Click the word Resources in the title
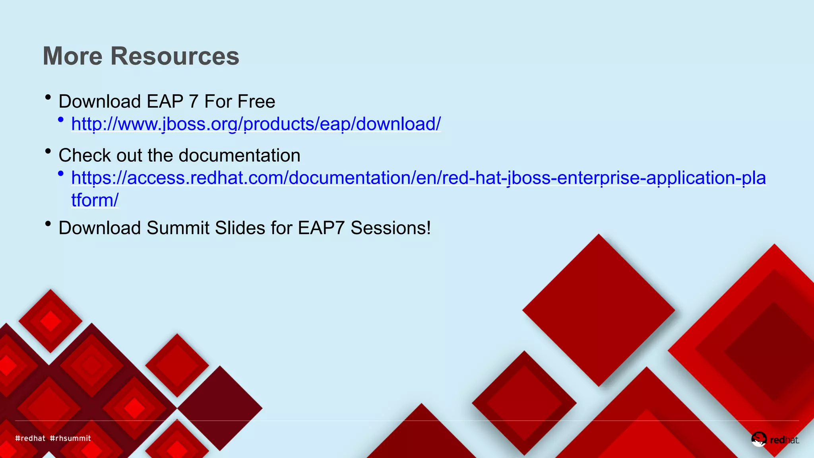pyautogui.click(x=175, y=56)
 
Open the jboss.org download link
pyautogui.click(x=256, y=124)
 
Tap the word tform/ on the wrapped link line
pyautogui.click(x=95, y=200)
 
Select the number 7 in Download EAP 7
pyautogui.click(x=194, y=102)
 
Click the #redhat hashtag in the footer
pyautogui.click(x=30, y=438)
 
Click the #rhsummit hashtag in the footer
pyautogui.click(x=70, y=438)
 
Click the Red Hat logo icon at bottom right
pyautogui.click(x=758, y=439)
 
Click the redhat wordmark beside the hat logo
pyautogui.click(x=784, y=440)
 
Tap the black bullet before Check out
pyautogui.click(x=48, y=151)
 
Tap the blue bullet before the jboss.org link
pyautogui.click(x=60, y=119)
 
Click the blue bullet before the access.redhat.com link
pyautogui.click(x=60, y=173)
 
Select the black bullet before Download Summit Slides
pyautogui.click(x=48, y=224)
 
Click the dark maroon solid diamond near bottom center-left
pyautogui.click(x=220, y=408)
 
